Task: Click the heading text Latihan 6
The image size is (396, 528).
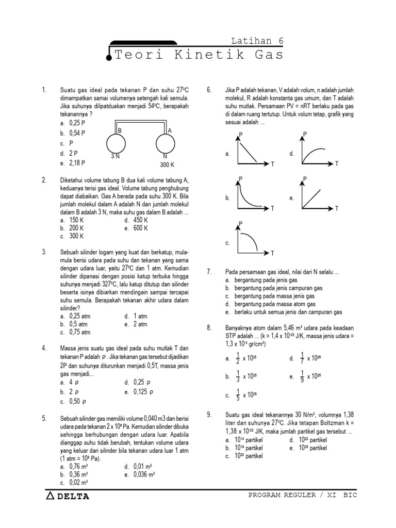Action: (x=257, y=41)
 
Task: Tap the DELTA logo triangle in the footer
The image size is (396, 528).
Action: (x=50, y=496)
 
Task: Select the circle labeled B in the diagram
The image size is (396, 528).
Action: (x=117, y=143)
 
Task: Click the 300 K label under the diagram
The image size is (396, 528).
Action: (x=167, y=165)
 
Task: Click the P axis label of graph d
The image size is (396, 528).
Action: (x=305, y=134)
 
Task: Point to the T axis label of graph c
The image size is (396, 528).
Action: (x=272, y=253)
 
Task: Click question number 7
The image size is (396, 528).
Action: (x=209, y=271)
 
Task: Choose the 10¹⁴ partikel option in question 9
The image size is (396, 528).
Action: (x=244, y=440)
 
